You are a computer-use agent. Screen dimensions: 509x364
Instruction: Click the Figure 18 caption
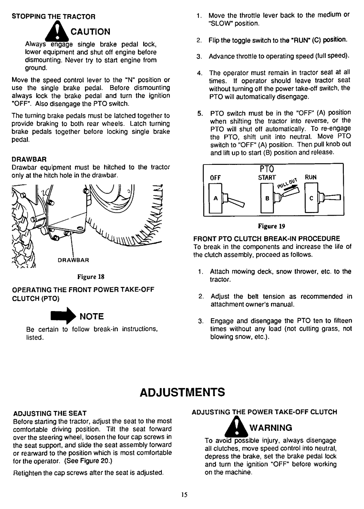pyautogui.click(x=88, y=277)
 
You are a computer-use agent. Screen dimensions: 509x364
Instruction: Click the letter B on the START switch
pyautogui.click(x=266, y=199)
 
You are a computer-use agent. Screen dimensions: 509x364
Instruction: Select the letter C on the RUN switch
pyautogui.click(x=312, y=199)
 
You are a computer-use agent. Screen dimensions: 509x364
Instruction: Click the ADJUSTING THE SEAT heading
pyautogui.click(x=50, y=413)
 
